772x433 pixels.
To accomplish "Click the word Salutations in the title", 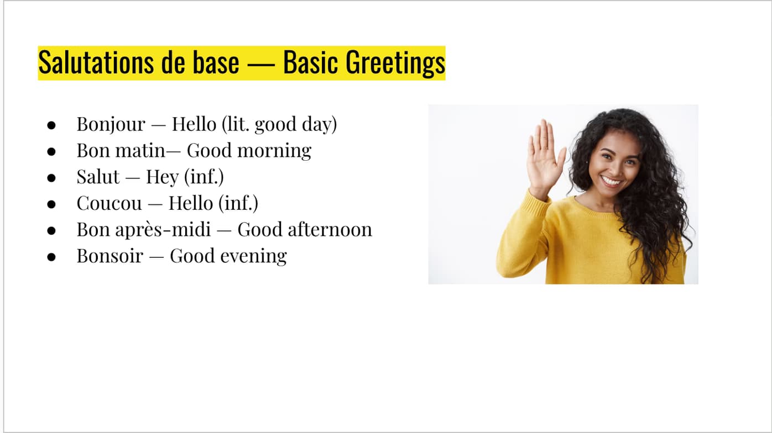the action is pyautogui.click(x=96, y=62).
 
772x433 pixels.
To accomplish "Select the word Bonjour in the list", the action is pyautogui.click(x=111, y=124).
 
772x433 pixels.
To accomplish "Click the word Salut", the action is pyautogui.click(x=98, y=177).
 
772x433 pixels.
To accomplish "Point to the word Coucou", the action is pyautogui.click(x=109, y=203).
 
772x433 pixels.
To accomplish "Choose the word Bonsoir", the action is pyautogui.click(x=110, y=256).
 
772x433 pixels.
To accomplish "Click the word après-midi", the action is pyautogui.click(x=163, y=230).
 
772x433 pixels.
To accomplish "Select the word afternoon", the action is pyautogui.click(x=330, y=229).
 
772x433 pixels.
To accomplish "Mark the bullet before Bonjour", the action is pyautogui.click(x=51, y=125).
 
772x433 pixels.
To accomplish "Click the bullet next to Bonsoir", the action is pyautogui.click(x=51, y=257).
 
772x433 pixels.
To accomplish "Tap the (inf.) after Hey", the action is pyautogui.click(x=204, y=177).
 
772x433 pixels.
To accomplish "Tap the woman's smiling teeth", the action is pyautogui.click(x=612, y=181).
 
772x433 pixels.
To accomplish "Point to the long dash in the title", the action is pyautogui.click(x=261, y=64).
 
